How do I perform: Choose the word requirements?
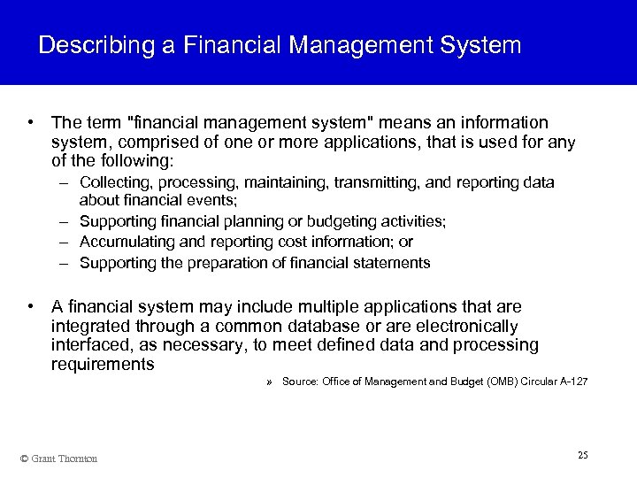(x=103, y=364)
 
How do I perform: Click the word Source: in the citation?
(x=299, y=382)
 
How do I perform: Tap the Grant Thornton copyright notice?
(x=58, y=458)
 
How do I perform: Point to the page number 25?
(x=582, y=455)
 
